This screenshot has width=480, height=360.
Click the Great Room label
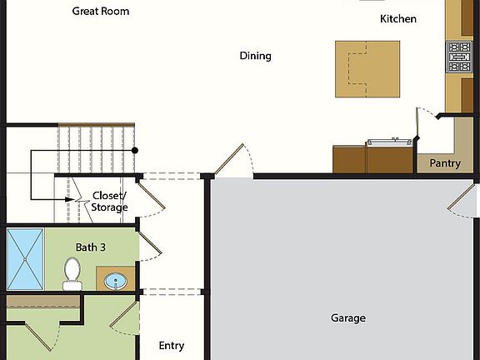click(101, 12)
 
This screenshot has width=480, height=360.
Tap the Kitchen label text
click(398, 18)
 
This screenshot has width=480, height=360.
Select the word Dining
click(256, 56)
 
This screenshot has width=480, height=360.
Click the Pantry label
click(445, 163)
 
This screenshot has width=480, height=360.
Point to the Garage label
click(348, 317)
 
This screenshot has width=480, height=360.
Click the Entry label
click(172, 346)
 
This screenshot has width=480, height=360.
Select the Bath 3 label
click(91, 247)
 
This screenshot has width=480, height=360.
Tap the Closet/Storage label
click(109, 202)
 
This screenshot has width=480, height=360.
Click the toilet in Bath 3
click(72, 272)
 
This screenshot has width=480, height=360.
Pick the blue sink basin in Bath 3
click(116, 280)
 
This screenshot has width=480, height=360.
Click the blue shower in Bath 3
click(25, 257)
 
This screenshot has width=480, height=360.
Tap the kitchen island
click(367, 67)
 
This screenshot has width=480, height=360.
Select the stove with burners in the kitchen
click(459, 57)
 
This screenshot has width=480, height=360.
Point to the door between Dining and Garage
click(231, 161)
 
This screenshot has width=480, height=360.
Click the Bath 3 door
click(148, 247)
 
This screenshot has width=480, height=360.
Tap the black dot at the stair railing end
click(134, 150)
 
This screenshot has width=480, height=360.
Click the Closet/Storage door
click(147, 197)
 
